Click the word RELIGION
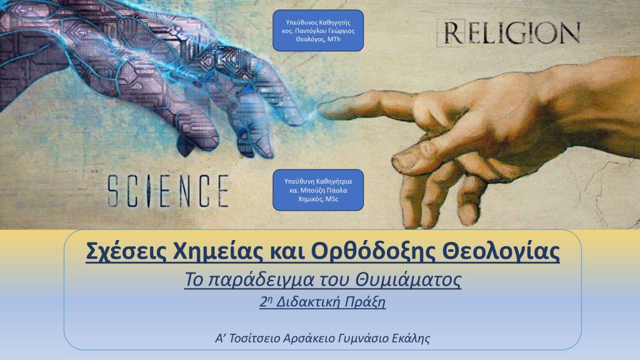point(509,32)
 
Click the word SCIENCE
point(167,191)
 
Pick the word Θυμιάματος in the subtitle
point(408,280)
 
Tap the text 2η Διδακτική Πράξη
point(322,302)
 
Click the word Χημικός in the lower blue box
point(311,199)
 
